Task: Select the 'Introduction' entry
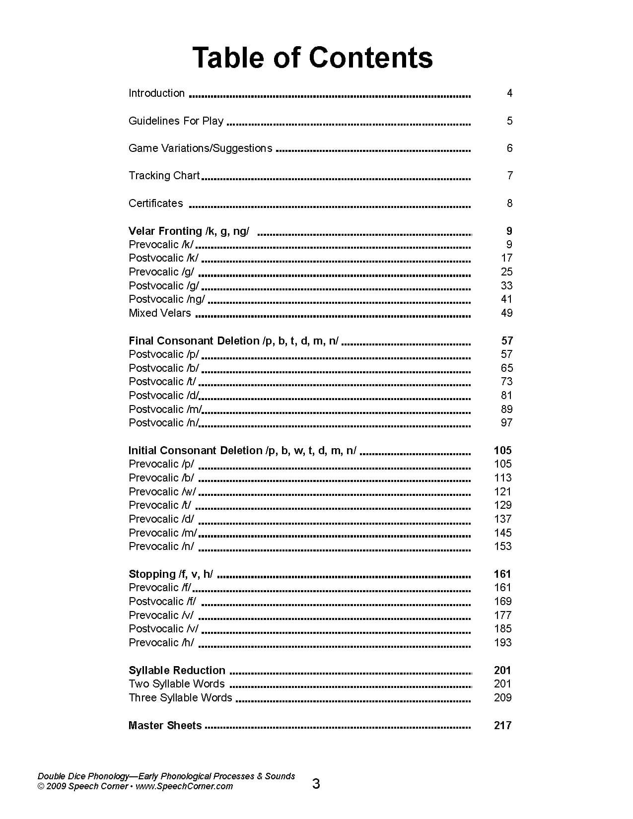coord(156,93)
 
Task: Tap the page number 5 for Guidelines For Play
coord(509,121)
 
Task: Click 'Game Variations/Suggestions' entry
coord(200,148)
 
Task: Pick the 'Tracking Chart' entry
coord(164,176)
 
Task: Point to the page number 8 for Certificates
coord(509,203)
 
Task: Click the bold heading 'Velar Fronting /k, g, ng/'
coord(189,231)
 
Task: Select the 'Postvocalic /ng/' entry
coord(166,299)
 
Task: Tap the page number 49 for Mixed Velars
coord(506,313)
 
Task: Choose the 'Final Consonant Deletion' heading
coord(233,341)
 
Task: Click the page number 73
coord(506,382)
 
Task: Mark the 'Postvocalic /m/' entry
coord(165,409)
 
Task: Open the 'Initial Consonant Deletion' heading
coord(242,451)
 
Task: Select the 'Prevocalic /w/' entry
coord(162,492)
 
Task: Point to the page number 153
coord(502,546)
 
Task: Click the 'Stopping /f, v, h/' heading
coord(171,574)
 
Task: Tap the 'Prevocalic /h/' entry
coord(161,643)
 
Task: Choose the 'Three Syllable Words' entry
coord(180,698)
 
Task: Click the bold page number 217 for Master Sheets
coord(502,726)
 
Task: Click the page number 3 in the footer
coord(316,784)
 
